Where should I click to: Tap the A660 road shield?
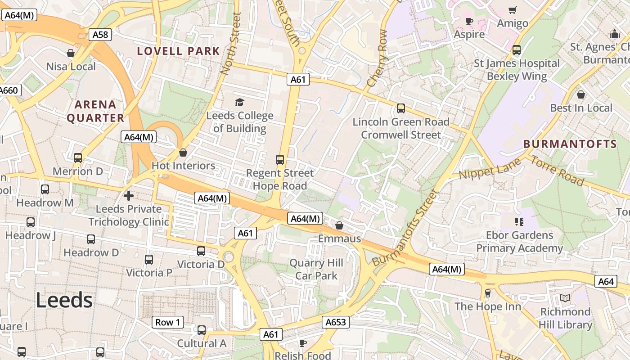click(x=9, y=90)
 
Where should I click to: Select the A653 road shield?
click(x=336, y=322)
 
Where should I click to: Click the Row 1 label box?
click(x=167, y=322)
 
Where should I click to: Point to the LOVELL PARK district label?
click(x=179, y=51)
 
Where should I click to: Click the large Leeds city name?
click(x=64, y=300)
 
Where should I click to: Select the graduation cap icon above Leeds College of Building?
click(x=239, y=103)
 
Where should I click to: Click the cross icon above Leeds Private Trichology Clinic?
click(x=129, y=196)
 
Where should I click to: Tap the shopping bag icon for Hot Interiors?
click(x=183, y=153)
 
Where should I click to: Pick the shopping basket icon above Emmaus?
click(x=339, y=225)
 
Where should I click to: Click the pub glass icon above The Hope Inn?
click(x=487, y=293)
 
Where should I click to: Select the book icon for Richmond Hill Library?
click(x=565, y=298)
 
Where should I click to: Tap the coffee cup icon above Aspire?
click(x=469, y=21)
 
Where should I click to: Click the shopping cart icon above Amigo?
click(x=512, y=10)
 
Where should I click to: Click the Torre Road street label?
click(x=557, y=171)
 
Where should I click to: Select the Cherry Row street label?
click(x=377, y=58)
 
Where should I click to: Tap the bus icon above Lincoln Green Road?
click(x=400, y=108)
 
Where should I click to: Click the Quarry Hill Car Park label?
click(x=316, y=269)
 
